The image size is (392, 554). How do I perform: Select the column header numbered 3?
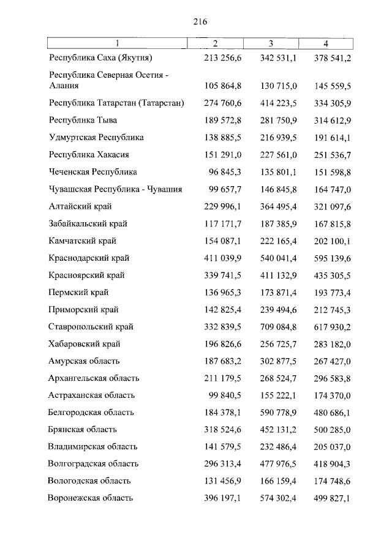click(x=271, y=43)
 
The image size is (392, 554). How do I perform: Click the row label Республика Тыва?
click(x=83, y=120)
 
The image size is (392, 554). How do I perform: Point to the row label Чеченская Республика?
click(x=92, y=172)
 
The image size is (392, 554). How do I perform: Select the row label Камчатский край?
click(x=82, y=241)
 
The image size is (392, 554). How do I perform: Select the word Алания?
click(x=64, y=85)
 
